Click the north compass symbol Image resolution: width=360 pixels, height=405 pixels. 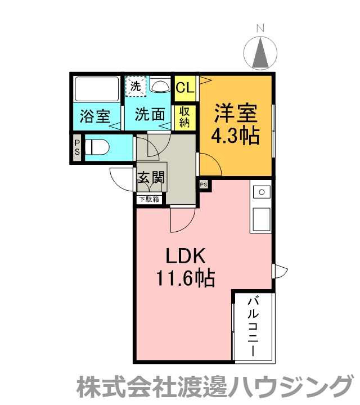pyautogui.click(x=260, y=53)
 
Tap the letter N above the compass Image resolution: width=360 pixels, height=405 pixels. pyautogui.click(x=260, y=28)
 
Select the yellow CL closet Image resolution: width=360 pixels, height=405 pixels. pyautogui.click(x=185, y=88)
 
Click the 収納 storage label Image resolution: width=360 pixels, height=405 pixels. pyautogui.click(x=184, y=117)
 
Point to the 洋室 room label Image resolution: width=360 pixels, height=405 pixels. pyautogui.click(x=236, y=113)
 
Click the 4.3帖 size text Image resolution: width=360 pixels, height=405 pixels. pyautogui.click(x=235, y=136)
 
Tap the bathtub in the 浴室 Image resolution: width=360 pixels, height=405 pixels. pyautogui.click(x=97, y=88)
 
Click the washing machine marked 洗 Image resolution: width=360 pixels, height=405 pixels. pyautogui.click(x=136, y=86)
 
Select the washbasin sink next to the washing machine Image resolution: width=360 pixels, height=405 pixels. pyautogui.click(x=160, y=85)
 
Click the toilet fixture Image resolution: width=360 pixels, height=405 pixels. pyautogui.click(x=97, y=147)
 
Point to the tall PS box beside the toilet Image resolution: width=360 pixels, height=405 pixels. pyautogui.click(x=77, y=147)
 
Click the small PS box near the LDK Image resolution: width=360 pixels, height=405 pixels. pyautogui.click(x=204, y=184)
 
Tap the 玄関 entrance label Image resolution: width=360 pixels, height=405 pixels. pyautogui.click(x=151, y=177)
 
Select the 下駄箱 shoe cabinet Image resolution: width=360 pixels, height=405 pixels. pyautogui.click(x=149, y=199)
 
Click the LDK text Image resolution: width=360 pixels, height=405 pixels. pyautogui.click(x=186, y=256)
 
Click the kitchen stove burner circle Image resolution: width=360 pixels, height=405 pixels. pyautogui.click(x=262, y=192)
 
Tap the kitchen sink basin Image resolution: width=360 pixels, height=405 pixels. pyautogui.click(x=262, y=219)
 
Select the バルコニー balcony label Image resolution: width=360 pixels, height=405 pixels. pyautogui.click(x=253, y=327)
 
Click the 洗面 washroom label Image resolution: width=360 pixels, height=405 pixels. pyautogui.click(x=150, y=114)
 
